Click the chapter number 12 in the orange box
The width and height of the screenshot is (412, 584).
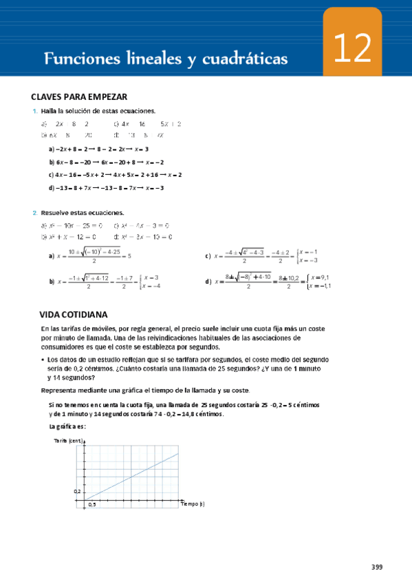pos(353,49)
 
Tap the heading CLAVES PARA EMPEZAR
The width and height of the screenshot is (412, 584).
pos(79,97)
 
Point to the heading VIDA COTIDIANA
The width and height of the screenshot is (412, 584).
pos(75,314)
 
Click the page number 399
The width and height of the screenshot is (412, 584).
pos(377,567)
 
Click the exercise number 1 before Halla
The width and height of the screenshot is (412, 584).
pos(34,111)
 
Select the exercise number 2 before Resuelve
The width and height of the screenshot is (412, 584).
pos(34,213)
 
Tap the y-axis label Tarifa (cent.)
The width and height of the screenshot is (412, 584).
pos(69,441)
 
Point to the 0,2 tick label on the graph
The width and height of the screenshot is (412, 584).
pos(78,492)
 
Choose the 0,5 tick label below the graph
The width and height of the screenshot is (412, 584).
pos(91,505)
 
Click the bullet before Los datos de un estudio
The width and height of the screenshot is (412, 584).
pos(43,360)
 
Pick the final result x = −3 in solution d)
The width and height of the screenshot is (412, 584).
pos(151,187)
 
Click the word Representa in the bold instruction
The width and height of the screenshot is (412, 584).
pos(63,390)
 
